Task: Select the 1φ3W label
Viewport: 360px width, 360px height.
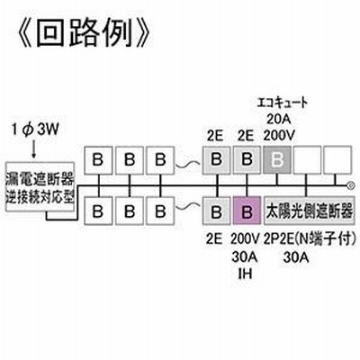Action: (x=35, y=131)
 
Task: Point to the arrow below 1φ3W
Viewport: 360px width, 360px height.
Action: (x=33, y=149)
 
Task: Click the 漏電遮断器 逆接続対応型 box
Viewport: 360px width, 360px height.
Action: (x=40, y=187)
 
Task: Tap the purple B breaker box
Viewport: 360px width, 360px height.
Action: (x=247, y=211)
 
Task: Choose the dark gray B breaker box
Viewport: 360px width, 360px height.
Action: (x=277, y=160)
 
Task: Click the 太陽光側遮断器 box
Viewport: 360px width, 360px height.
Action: (x=309, y=211)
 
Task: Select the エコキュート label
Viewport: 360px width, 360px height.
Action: (x=283, y=103)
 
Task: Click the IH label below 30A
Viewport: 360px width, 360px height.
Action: (x=245, y=274)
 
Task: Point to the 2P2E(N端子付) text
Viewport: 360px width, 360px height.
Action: (x=310, y=239)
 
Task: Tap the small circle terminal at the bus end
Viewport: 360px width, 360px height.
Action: (x=349, y=185)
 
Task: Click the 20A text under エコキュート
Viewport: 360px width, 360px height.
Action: (x=279, y=119)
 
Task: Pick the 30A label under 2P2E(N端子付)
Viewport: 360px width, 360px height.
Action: (x=296, y=256)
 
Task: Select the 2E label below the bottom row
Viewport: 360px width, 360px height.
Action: (x=214, y=239)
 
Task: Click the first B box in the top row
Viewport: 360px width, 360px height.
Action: (x=98, y=160)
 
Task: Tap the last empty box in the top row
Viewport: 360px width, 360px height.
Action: (x=337, y=160)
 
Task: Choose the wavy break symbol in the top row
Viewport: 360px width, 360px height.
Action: (x=188, y=165)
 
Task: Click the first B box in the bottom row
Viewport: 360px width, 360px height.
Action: (x=98, y=211)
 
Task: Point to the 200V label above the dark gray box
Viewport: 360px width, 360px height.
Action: (x=279, y=136)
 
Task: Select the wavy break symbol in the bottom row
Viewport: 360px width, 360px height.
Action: (x=188, y=207)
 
